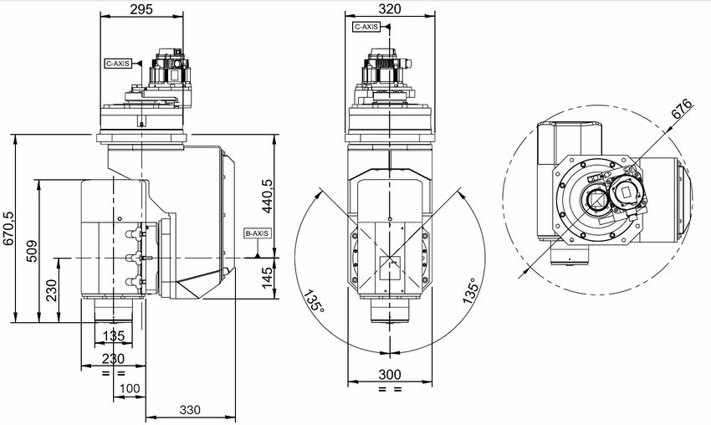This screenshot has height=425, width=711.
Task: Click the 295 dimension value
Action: click(x=141, y=9)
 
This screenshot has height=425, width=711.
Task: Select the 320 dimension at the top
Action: click(x=390, y=9)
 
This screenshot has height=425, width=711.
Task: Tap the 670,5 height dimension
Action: click(x=9, y=228)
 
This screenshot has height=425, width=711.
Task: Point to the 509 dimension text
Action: click(x=31, y=252)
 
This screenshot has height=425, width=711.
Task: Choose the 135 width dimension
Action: click(x=113, y=336)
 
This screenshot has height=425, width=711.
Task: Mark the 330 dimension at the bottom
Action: click(x=192, y=410)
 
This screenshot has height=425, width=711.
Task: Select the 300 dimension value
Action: click(x=390, y=373)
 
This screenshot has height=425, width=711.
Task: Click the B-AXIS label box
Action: click(x=256, y=233)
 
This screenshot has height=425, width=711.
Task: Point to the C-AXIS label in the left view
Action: click(x=118, y=63)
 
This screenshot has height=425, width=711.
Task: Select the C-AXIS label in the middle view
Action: click(x=366, y=27)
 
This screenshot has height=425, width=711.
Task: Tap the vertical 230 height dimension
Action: click(x=52, y=290)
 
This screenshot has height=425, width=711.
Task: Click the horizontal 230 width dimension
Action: click(x=113, y=358)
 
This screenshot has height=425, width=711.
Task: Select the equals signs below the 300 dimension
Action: click(x=390, y=390)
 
